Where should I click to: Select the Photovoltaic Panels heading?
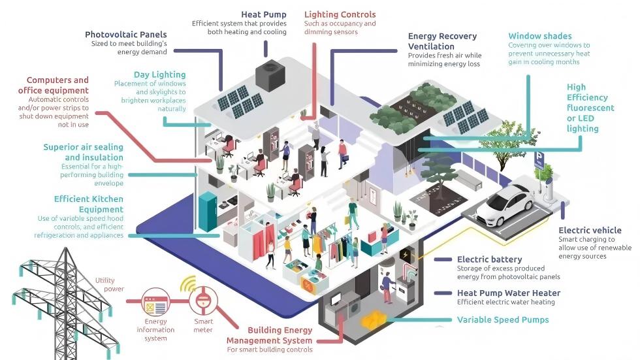click(126, 35)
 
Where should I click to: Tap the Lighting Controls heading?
click(340, 14)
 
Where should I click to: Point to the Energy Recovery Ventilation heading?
click(442, 41)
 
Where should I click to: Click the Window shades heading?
click(540, 36)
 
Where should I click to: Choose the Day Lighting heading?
click(160, 74)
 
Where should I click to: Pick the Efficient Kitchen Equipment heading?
click(89, 204)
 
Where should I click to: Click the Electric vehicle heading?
click(590, 230)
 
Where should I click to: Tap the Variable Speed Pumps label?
click(503, 319)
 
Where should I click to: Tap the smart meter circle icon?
click(203, 301)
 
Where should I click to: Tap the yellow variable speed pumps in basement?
click(374, 319)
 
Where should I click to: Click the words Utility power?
click(109, 284)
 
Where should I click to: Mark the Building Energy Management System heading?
click(270, 335)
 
